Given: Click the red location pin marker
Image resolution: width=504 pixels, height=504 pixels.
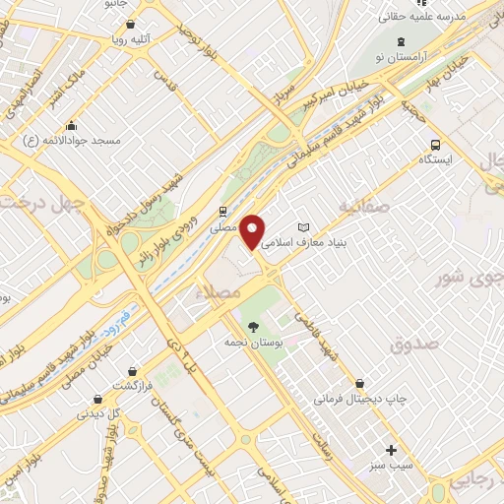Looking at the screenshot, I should (x=253, y=232).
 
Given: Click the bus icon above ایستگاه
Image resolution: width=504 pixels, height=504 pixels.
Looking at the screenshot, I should (x=435, y=144).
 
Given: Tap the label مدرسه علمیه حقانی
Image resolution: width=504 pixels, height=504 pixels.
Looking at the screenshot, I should (x=423, y=17).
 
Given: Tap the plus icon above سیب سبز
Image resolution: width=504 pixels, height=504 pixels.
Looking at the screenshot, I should (x=391, y=449).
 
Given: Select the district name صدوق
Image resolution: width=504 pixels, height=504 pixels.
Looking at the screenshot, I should (x=411, y=345).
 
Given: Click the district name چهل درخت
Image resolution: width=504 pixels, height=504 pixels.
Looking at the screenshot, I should (x=41, y=202).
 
